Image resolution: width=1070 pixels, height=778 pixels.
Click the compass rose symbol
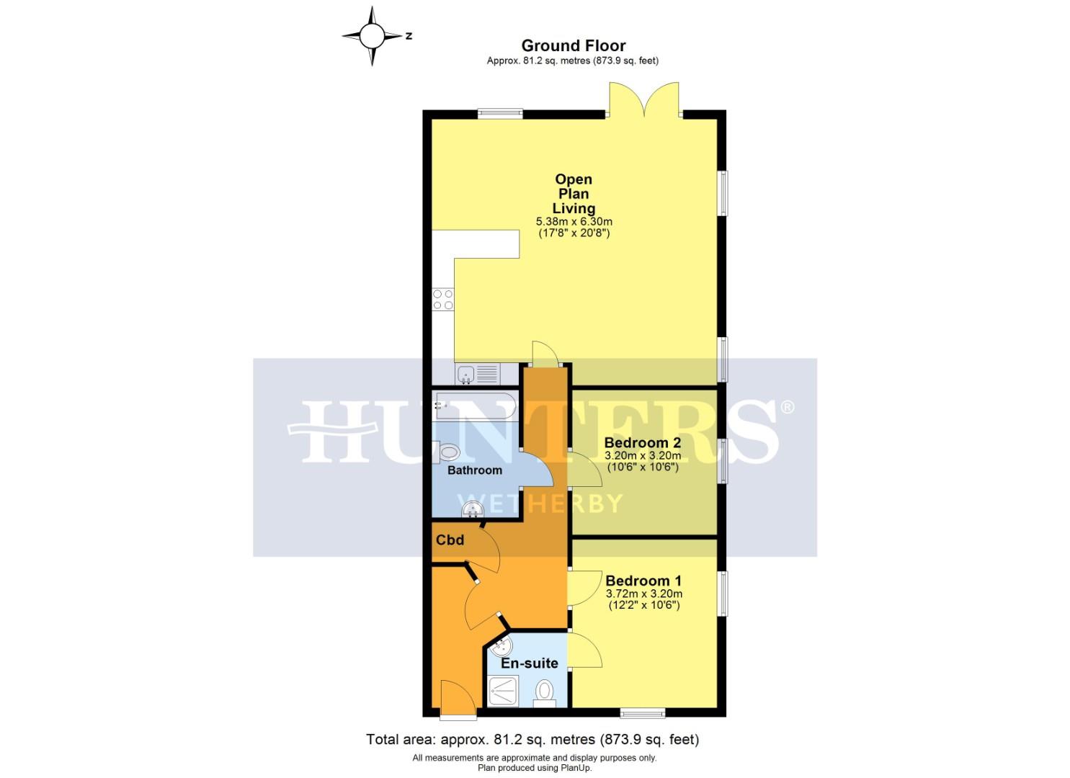click(373, 35)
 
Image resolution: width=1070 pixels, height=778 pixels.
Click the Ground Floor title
click(573, 46)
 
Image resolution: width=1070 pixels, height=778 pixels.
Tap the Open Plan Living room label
click(574, 194)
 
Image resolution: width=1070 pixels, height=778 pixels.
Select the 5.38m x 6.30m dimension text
click(574, 222)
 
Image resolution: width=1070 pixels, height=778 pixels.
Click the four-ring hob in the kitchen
click(443, 300)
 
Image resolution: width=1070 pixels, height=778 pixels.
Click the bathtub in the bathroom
click(475, 407)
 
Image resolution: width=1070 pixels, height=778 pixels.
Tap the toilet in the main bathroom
click(448, 452)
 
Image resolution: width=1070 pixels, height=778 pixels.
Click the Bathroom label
click(474, 470)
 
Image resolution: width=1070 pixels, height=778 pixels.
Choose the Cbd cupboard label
click(450, 540)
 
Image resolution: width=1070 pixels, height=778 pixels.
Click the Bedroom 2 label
click(642, 443)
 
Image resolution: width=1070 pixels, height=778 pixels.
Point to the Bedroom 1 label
click(643, 581)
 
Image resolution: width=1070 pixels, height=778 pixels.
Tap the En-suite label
click(529, 663)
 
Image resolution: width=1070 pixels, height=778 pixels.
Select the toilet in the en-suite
click(544, 692)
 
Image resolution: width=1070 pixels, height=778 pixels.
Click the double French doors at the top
click(645, 101)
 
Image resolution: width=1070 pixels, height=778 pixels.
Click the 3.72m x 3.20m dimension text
click(643, 594)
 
